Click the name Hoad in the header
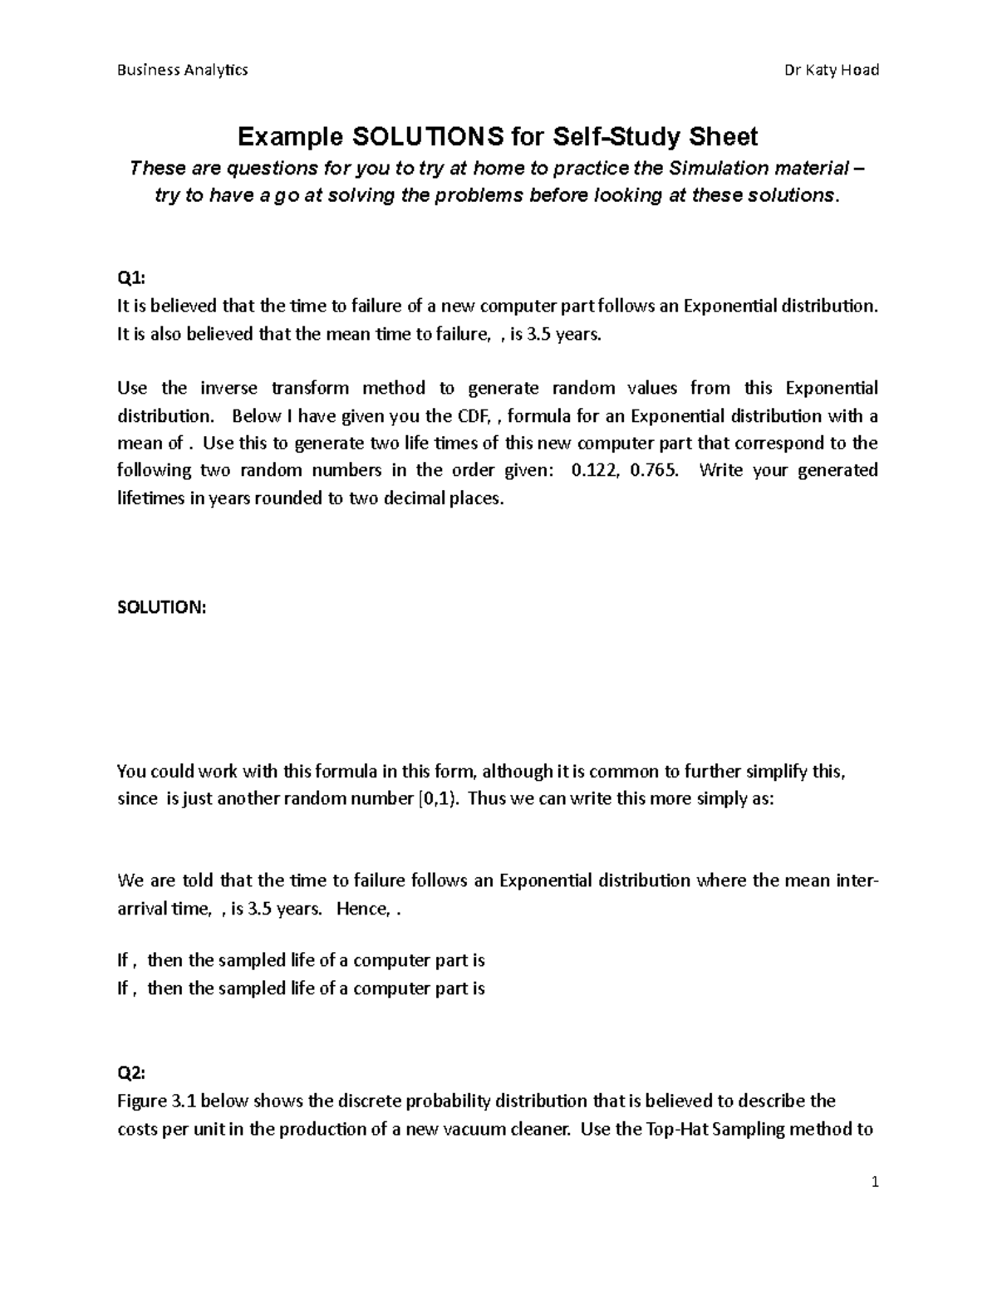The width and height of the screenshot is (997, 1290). (859, 70)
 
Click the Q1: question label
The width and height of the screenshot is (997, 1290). (130, 278)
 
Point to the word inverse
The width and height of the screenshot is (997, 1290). (228, 388)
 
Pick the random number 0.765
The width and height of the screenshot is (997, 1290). (654, 470)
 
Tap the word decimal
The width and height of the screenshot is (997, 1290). (413, 498)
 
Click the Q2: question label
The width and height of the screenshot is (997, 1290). (130, 1073)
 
